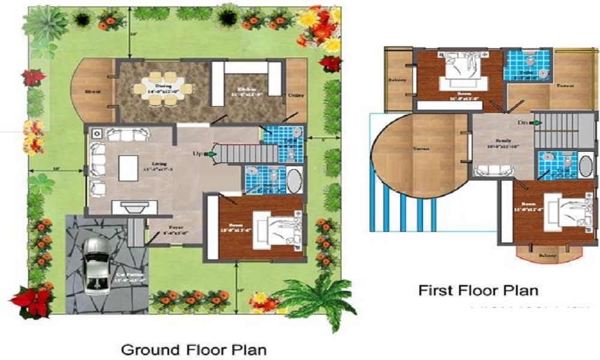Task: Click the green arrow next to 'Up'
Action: click(x=210, y=154)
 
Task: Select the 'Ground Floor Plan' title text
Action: click(x=194, y=349)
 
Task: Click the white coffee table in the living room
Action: click(x=128, y=167)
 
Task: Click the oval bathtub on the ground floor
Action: click(x=293, y=180)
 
